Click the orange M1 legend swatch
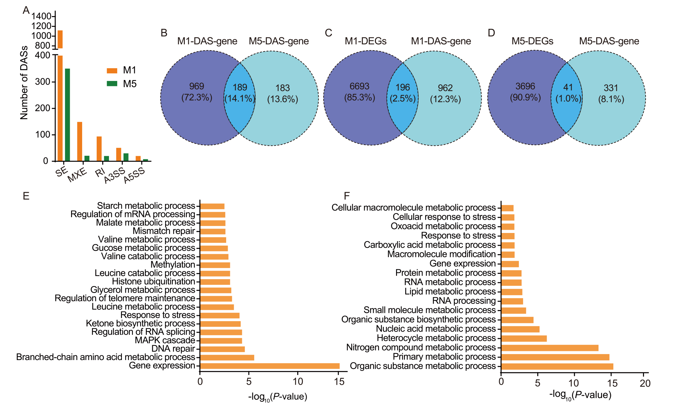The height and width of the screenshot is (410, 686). (112, 70)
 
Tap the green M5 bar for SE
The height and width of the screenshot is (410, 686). (67, 115)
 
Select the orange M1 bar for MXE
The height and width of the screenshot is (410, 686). (80, 142)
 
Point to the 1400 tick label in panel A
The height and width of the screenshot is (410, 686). (41, 16)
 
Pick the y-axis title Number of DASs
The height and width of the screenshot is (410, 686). (24, 83)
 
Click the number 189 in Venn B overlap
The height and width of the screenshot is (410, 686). (240, 87)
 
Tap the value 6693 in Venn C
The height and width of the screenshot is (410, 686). (359, 86)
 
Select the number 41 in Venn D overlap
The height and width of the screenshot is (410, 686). (568, 87)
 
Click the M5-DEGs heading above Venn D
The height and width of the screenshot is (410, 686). (533, 41)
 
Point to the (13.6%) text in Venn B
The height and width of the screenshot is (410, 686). (282, 99)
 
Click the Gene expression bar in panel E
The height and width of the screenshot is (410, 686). (270, 366)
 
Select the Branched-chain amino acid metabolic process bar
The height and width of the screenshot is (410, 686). (227, 358)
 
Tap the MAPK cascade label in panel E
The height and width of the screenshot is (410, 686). (165, 340)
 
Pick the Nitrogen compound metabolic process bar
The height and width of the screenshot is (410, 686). (550, 348)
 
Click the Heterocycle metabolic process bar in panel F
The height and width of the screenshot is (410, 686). (524, 339)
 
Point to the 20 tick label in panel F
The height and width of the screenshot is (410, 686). (645, 383)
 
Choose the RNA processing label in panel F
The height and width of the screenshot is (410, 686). (464, 301)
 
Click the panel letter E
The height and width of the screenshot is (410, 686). (26, 196)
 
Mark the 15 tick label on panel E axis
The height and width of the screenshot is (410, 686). (339, 382)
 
